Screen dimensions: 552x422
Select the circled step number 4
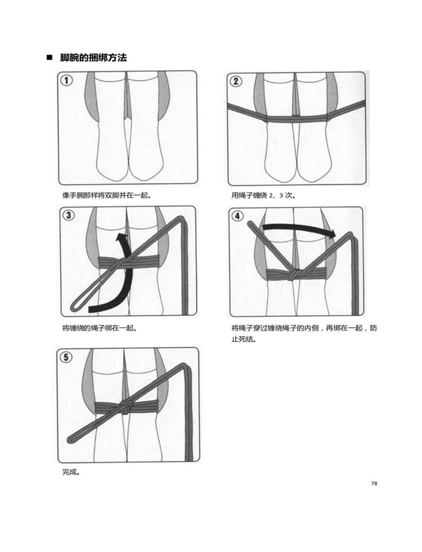(x=238, y=216)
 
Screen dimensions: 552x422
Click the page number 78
(x=374, y=483)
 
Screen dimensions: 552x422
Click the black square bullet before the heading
(x=49, y=58)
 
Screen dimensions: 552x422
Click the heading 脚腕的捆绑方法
(x=93, y=58)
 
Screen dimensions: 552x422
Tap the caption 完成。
(x=71, y=472)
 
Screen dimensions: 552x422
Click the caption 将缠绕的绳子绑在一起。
(x=99, y=329)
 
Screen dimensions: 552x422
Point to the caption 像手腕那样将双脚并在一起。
(x=106, y=195)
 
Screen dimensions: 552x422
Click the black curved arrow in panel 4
(x=295, y=229)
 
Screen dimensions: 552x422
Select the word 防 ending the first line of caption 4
(x=373, y=329)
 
